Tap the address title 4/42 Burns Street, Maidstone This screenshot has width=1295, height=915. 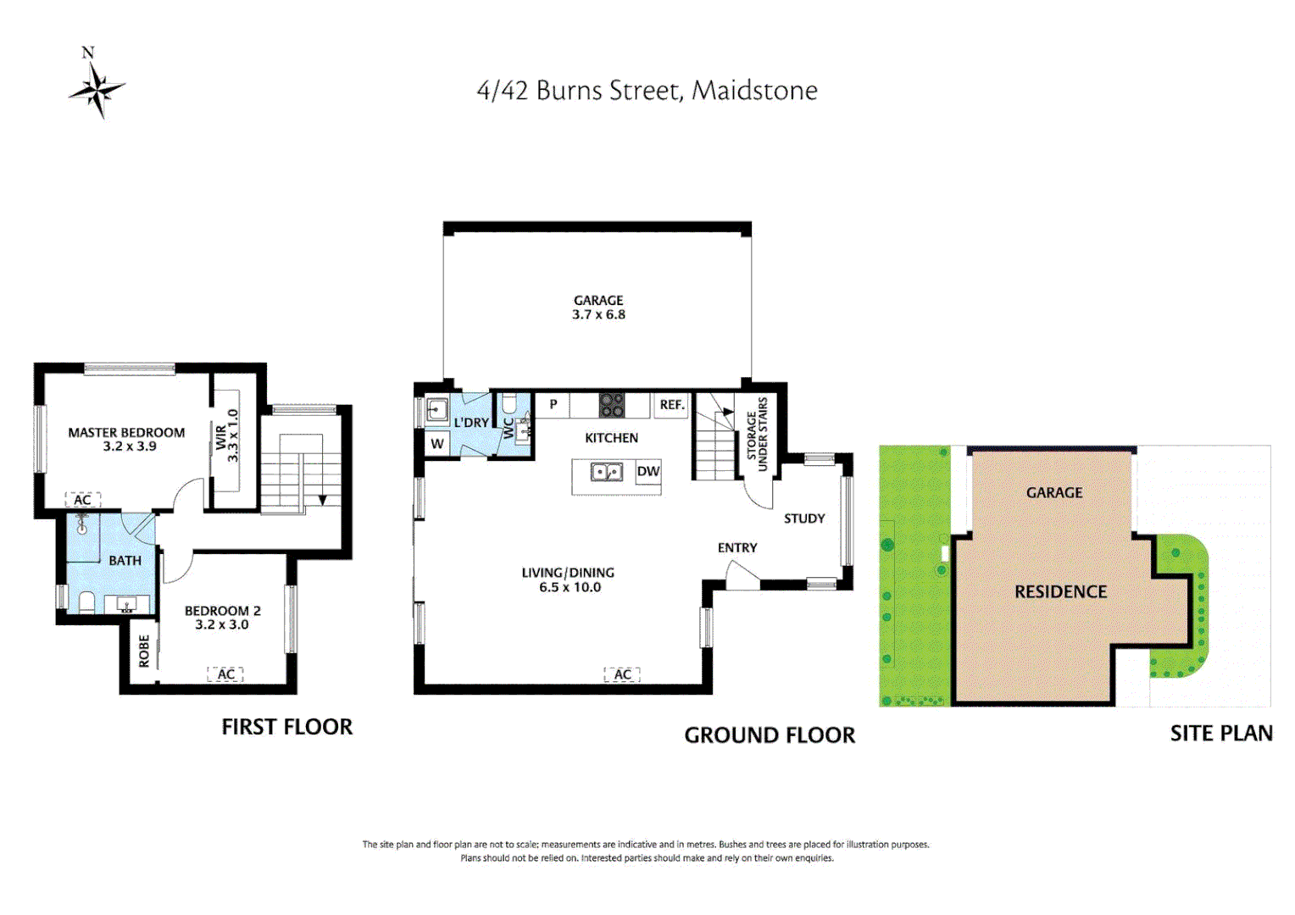pos(647,91)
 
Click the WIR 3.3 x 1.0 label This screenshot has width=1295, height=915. pos(227,436)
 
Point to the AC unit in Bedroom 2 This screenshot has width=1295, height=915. pos(225,674)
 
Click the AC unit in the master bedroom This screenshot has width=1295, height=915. pos(83,500)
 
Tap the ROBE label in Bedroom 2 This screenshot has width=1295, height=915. pos(144,651)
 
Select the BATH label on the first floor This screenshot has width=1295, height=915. pos(125,561)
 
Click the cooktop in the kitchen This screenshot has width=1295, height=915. pos(612,405)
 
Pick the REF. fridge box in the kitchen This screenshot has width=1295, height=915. pos(671,405)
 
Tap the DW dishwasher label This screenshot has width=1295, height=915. pos(647,472)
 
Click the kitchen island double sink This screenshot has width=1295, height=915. pos(607,472)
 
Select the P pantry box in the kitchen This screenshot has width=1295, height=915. pos(553,405)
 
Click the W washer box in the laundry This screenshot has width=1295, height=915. pos(437,443)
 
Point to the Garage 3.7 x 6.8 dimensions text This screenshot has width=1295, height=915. pos(598,314)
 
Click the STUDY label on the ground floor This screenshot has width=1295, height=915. pos(803,518)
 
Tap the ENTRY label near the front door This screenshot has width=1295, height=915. pos(737,548)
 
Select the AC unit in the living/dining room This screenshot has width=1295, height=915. pos(622,674)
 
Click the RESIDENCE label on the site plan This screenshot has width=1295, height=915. pos(1060,592)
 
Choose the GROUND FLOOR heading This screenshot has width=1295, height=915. pos(770,735)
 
